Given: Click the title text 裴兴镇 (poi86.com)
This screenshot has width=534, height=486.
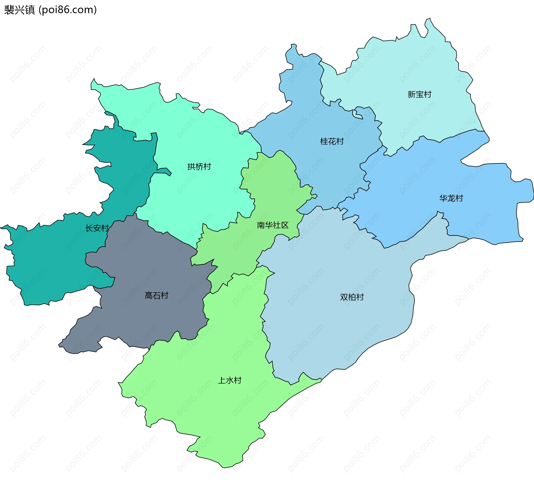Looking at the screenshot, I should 50,10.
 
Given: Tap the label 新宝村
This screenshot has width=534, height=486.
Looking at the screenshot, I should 419,95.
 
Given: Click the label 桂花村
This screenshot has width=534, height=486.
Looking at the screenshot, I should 332,142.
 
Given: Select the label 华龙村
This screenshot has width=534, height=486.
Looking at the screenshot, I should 451,198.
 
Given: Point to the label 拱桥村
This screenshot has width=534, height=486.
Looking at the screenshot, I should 199,167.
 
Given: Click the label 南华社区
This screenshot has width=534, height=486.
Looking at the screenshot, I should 273,225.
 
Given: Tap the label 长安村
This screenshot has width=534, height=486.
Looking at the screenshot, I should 97,228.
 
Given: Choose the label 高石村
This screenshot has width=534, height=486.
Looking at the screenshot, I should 156,295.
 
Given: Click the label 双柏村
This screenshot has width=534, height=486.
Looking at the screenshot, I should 352,297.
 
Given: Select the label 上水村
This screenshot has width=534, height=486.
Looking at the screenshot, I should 229,380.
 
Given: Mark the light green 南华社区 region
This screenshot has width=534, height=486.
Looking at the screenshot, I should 275,189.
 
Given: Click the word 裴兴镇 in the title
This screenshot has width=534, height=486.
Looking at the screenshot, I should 19,10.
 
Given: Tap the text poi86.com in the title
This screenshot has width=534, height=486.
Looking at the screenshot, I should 68,10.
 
